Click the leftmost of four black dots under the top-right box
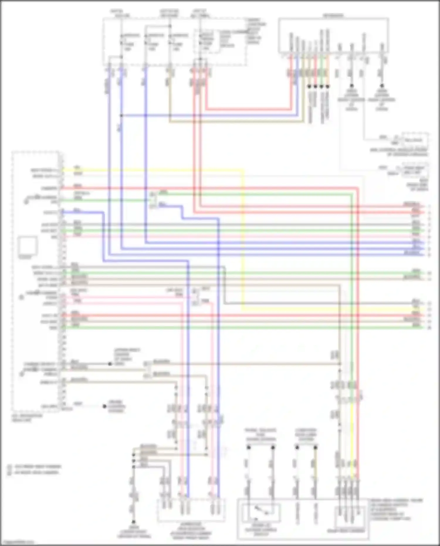(309, 87)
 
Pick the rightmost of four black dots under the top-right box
(328, 87)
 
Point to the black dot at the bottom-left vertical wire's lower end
(133, 522)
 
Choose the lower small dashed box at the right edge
(415, 170)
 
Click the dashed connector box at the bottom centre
(191, 510)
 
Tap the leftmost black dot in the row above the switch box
(249, 447)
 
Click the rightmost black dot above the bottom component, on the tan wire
(315, 447)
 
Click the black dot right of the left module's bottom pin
(104, 406)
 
